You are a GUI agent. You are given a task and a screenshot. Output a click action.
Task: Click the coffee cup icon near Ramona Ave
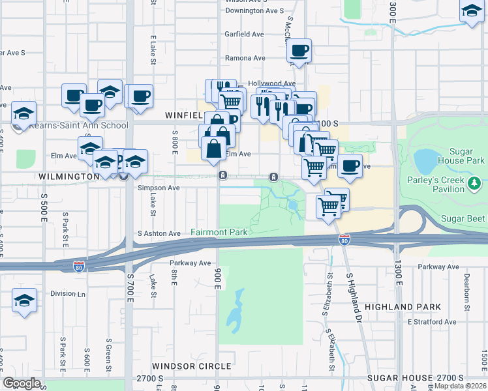click(x=299, y=50)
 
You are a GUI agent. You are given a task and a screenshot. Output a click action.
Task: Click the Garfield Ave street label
click(x=244, y=34)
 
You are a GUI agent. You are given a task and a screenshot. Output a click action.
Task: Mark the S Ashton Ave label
click(x=159, y=233)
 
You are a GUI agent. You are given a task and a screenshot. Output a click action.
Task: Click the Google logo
click(x=22, y=383)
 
